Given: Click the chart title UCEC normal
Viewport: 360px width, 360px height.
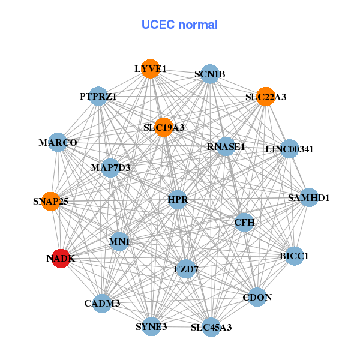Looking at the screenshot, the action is click(179, 25).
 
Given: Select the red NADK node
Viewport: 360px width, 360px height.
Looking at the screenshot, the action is click(61, 259).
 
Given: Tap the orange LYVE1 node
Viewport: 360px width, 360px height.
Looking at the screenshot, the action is click(150, 69).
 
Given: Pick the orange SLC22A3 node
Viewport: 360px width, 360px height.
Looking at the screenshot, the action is click(266, 96).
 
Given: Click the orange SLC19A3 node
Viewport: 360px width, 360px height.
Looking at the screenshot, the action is click(164, 127).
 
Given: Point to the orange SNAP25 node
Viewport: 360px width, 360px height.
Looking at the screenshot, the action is click(50, 202).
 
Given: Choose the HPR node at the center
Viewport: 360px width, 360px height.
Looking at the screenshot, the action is click(178, 199).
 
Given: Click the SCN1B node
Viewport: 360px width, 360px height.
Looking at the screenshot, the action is click(209, 74).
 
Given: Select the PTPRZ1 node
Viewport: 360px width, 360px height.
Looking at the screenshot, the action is click(98, 96).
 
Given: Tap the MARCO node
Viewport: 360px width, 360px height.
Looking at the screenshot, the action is click(58, 143).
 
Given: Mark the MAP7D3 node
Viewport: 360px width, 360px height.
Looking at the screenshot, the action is click(111, 167).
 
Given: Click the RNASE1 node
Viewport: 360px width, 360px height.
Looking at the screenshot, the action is click(226, 146).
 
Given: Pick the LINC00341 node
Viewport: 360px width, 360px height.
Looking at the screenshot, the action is click(289, 149).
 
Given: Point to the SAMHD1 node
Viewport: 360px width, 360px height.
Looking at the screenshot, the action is click(308, 197).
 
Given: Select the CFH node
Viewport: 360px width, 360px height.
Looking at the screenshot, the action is click(245, 223).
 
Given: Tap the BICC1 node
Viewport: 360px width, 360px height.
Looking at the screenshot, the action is click(293, 256).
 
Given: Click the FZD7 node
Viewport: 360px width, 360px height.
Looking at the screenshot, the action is click(186, 269).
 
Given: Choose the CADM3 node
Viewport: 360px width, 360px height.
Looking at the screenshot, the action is click(103, 303).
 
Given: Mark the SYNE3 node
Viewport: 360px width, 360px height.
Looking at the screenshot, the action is click(151, 326).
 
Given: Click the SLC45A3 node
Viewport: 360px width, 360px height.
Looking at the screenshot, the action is click(211, 327).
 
